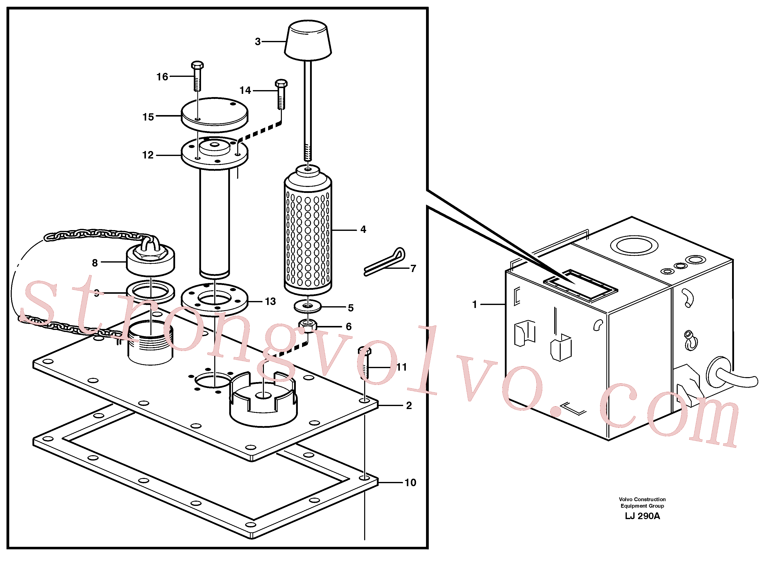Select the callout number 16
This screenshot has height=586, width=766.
pyautogui.click(x=162, y=77)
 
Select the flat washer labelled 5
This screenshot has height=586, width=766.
pyautogui.click(x=308, y=306)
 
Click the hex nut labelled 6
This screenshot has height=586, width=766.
pyautogui.click(x=308, y=326)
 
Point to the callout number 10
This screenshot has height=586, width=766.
pyautogui.click(x=410, y=482)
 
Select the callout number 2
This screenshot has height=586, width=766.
pyautogui.click(x=409, y=405)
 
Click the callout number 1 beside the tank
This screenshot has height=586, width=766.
pyautogui.click(x=474, y=304)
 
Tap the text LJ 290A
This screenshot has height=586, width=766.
pyautogui.click(x=642, y=516)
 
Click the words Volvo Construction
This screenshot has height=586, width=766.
pyautogui.click(x=642, y=499)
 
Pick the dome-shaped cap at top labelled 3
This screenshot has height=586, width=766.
pyautogui.click(x=308, y=40)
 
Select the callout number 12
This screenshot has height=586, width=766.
pyautogui.click(x=148, y=155)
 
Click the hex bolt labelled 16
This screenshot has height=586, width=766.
pyautogui.click(x=197, y=76)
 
